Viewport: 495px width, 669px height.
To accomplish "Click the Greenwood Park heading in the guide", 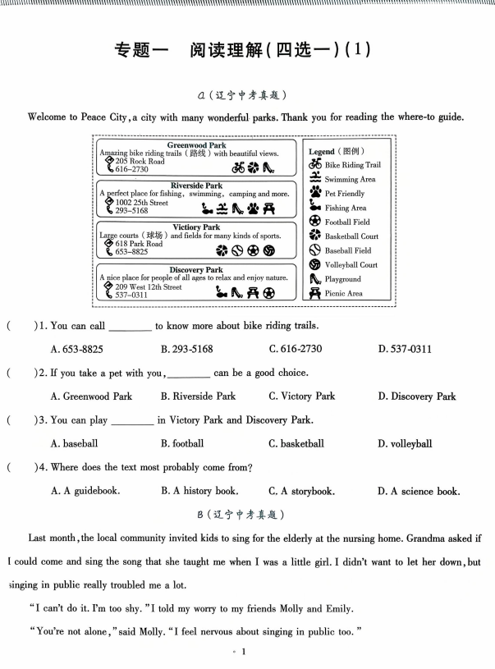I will (x=196, y=145).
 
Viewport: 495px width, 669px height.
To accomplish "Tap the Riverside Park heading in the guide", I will (x=196, y=186).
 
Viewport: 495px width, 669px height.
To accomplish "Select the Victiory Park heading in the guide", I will (x=197, y=227).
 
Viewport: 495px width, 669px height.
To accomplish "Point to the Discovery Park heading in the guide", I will (x=196, y=269).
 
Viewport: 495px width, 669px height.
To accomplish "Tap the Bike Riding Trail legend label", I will (x=352, y=165).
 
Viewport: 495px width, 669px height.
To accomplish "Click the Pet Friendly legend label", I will (x=345, y=194).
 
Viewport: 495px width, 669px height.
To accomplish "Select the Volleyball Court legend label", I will (x=351, y=264).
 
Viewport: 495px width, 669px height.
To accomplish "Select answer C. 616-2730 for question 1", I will (x=296, y=349).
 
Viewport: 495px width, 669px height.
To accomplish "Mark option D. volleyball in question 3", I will (x=405, y=444).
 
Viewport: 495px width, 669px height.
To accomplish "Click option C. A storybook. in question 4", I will (x=301, y=492).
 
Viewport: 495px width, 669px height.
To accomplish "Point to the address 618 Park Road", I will (x=139, y=244).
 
